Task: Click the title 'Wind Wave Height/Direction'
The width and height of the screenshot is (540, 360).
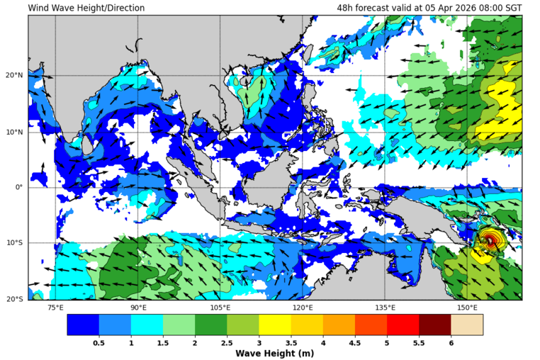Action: click(x=86, y=8)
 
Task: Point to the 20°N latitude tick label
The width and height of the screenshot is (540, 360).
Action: click(x=15, y=76)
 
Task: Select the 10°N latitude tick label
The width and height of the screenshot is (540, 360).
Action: click(x=15, y=132)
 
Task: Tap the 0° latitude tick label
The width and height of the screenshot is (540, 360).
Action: click(x=20, y=187)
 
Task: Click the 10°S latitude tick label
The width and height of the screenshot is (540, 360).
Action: click(x=15, y=243)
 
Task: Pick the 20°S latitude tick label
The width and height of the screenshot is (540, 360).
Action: click(x=15, y=299)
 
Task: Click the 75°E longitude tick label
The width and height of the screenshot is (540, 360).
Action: click(x=55, y=308)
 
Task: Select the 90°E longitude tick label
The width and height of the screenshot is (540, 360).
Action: click(x=138, y=308)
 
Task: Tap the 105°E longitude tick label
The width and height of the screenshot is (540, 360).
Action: click(x=220, y=308)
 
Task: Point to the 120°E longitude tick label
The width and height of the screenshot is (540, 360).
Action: click(x=303, y=308)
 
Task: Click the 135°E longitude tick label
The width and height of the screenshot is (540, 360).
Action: click(x=385, y=308)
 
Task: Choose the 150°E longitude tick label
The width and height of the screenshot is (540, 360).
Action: click(x=467, y=308)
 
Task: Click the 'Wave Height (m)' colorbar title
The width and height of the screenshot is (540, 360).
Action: click(x=274, y=353)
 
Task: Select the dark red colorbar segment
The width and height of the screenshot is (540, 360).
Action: click(x=434, y=325)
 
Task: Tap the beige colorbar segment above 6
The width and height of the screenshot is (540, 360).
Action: click(x=466, y=325)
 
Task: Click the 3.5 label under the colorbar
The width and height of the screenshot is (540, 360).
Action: click(x=291, y=342)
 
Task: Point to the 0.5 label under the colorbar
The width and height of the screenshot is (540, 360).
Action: click(x=99, y=342)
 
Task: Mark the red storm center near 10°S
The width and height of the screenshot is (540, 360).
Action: click(x=490, y=241)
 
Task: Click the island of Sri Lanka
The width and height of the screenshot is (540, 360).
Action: click(x=88, y=146)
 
